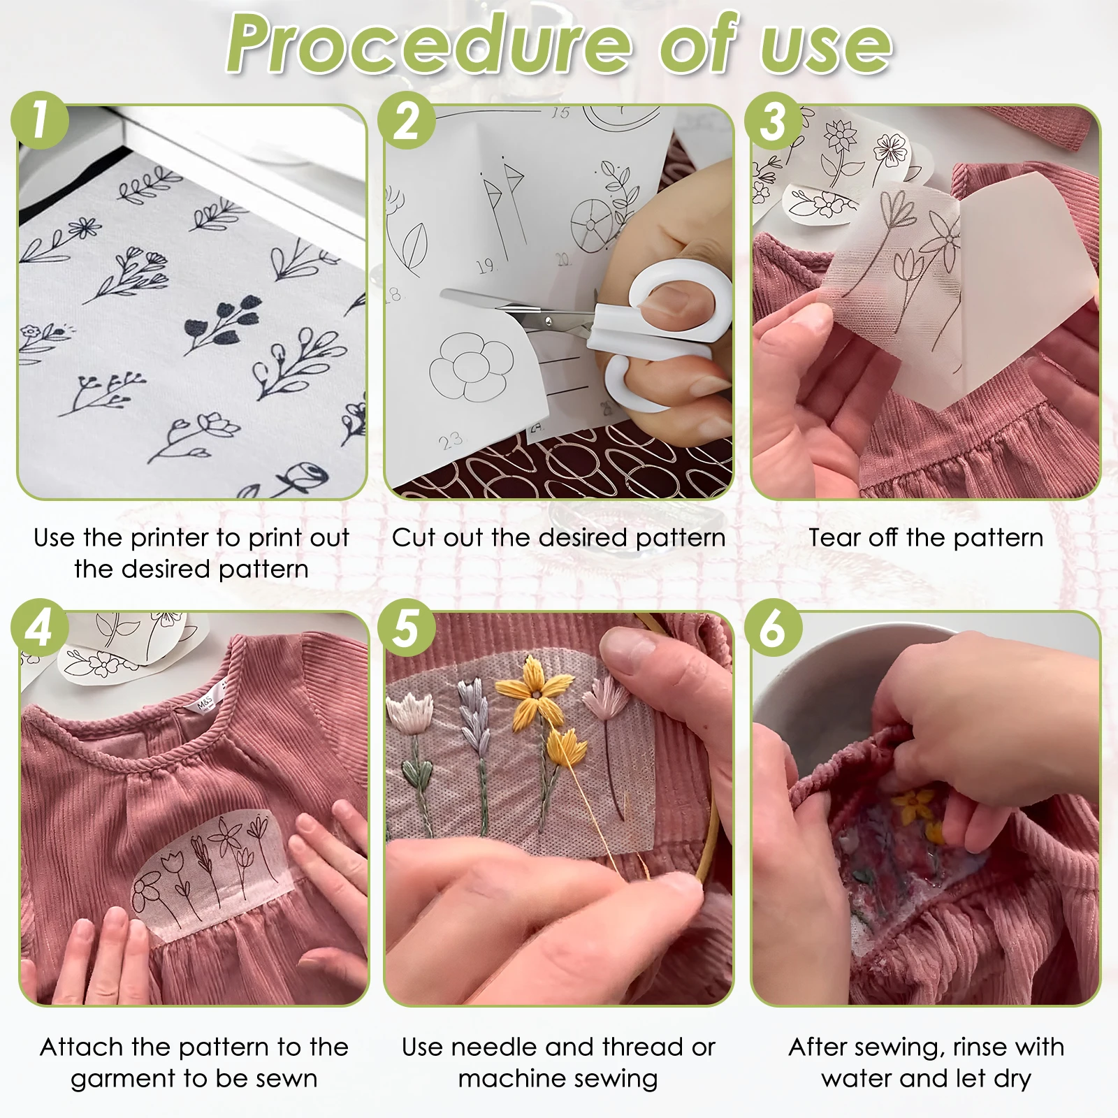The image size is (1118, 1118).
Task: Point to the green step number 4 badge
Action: tap(40, 627)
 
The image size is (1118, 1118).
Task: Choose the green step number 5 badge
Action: tap(406, 627)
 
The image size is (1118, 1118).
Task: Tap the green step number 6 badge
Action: tap(772, 627)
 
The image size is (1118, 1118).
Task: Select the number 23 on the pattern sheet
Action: tap(451, 440)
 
